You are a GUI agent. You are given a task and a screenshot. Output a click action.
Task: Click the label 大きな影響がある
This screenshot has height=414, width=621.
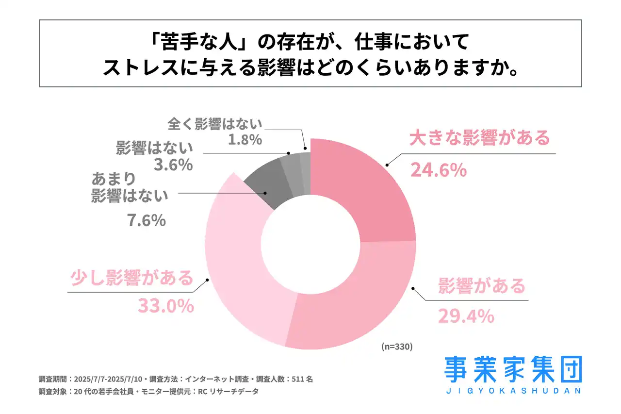479,138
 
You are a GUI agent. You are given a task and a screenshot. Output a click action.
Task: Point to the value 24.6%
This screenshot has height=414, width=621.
438,170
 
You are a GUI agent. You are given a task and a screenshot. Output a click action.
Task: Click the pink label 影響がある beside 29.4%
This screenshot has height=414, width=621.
481,286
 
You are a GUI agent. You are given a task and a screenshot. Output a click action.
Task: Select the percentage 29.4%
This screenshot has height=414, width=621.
466,316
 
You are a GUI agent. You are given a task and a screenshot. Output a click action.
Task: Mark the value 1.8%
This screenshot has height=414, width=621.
245,140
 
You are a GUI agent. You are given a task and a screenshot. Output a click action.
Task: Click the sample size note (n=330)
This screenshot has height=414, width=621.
397,347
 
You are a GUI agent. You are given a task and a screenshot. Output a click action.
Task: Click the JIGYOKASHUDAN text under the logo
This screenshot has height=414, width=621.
513,391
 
